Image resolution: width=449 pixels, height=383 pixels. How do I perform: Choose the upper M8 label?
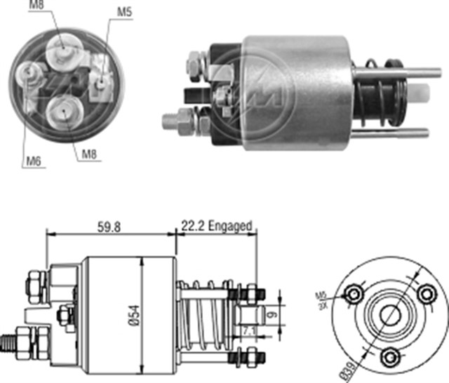pyautogui.click(x=36, y=6)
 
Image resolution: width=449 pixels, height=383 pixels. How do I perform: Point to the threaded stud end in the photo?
pyautogui.click(x=170, y=121)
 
